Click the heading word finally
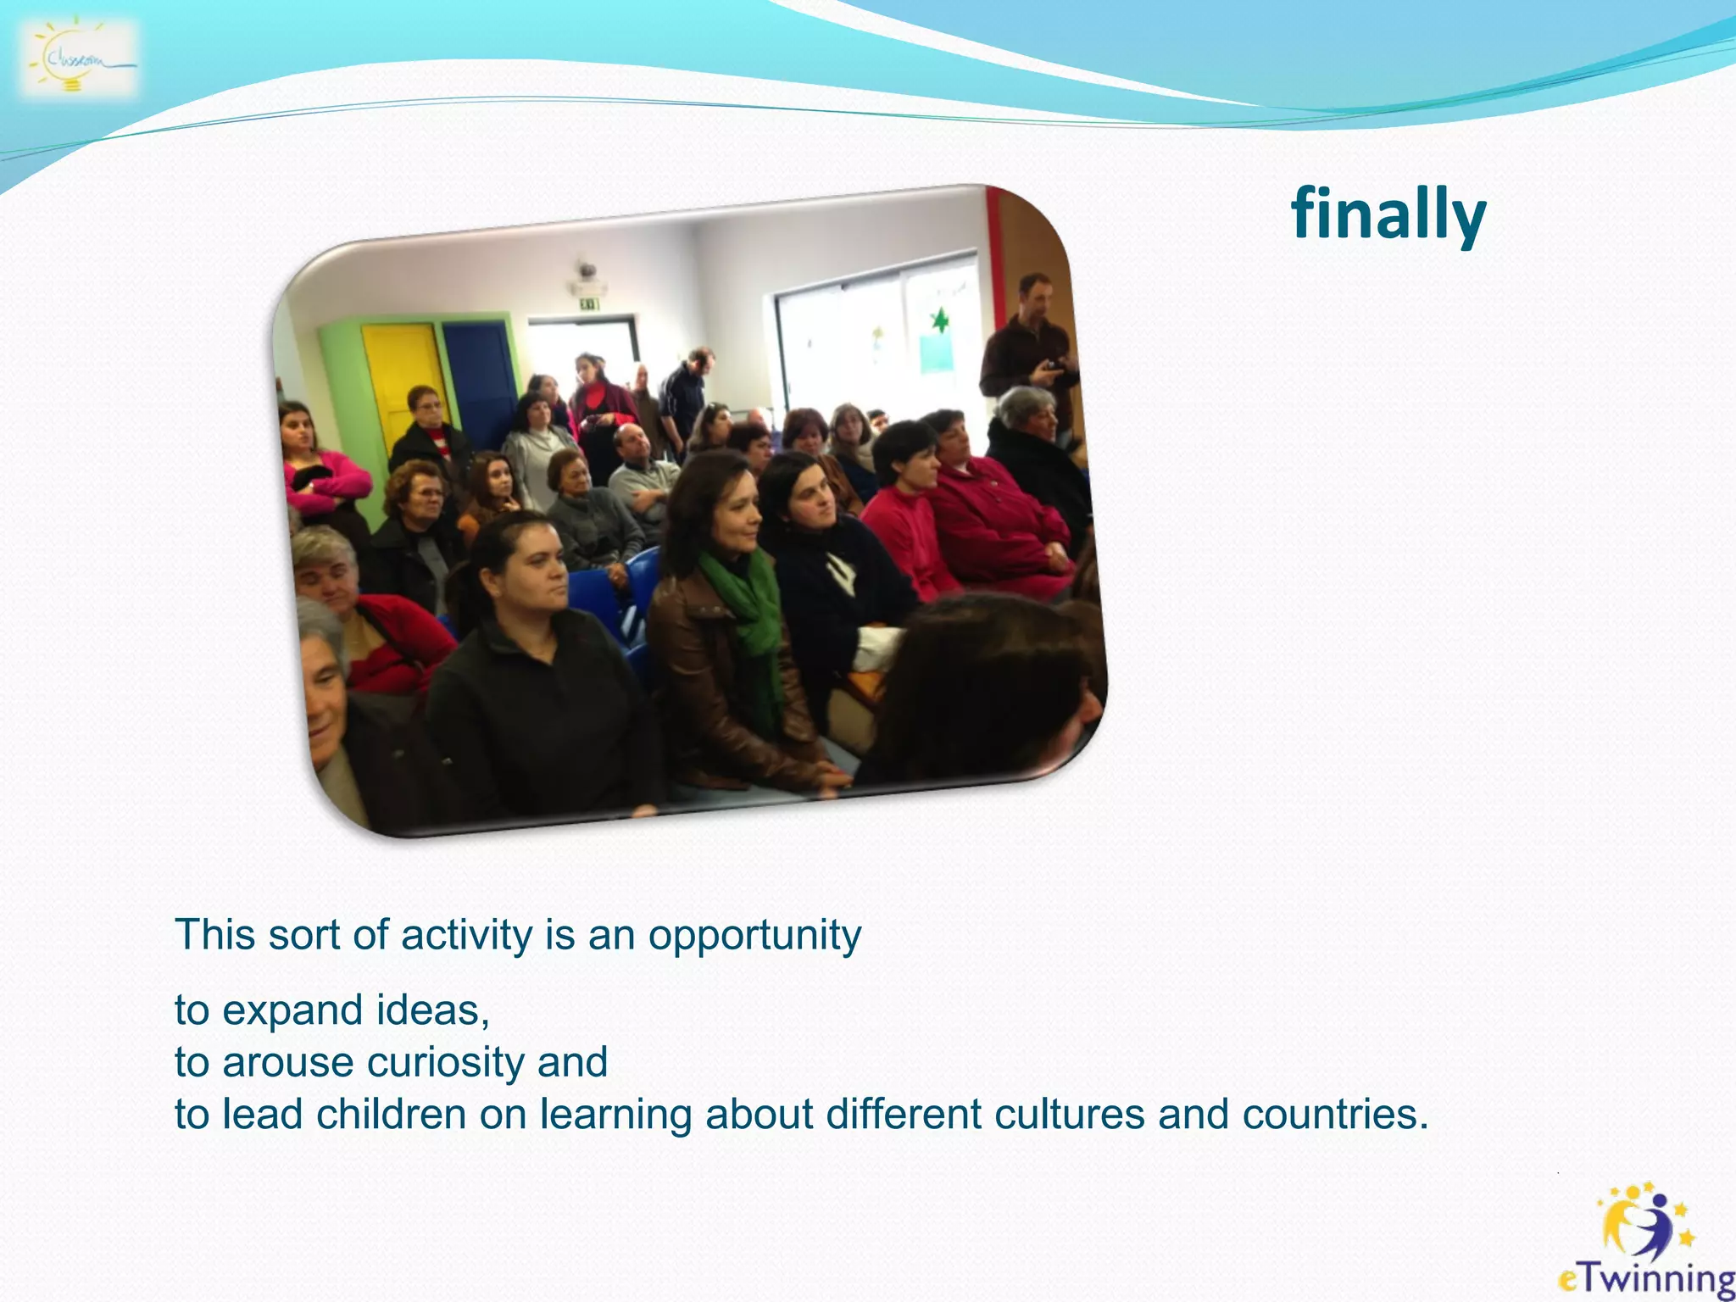(x=1388, y=214)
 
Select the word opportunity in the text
(x=754, y=936)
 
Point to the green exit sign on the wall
(x=589, y=303)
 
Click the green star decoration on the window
(x=939, y=321)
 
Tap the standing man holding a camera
(x=1028, y=348)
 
